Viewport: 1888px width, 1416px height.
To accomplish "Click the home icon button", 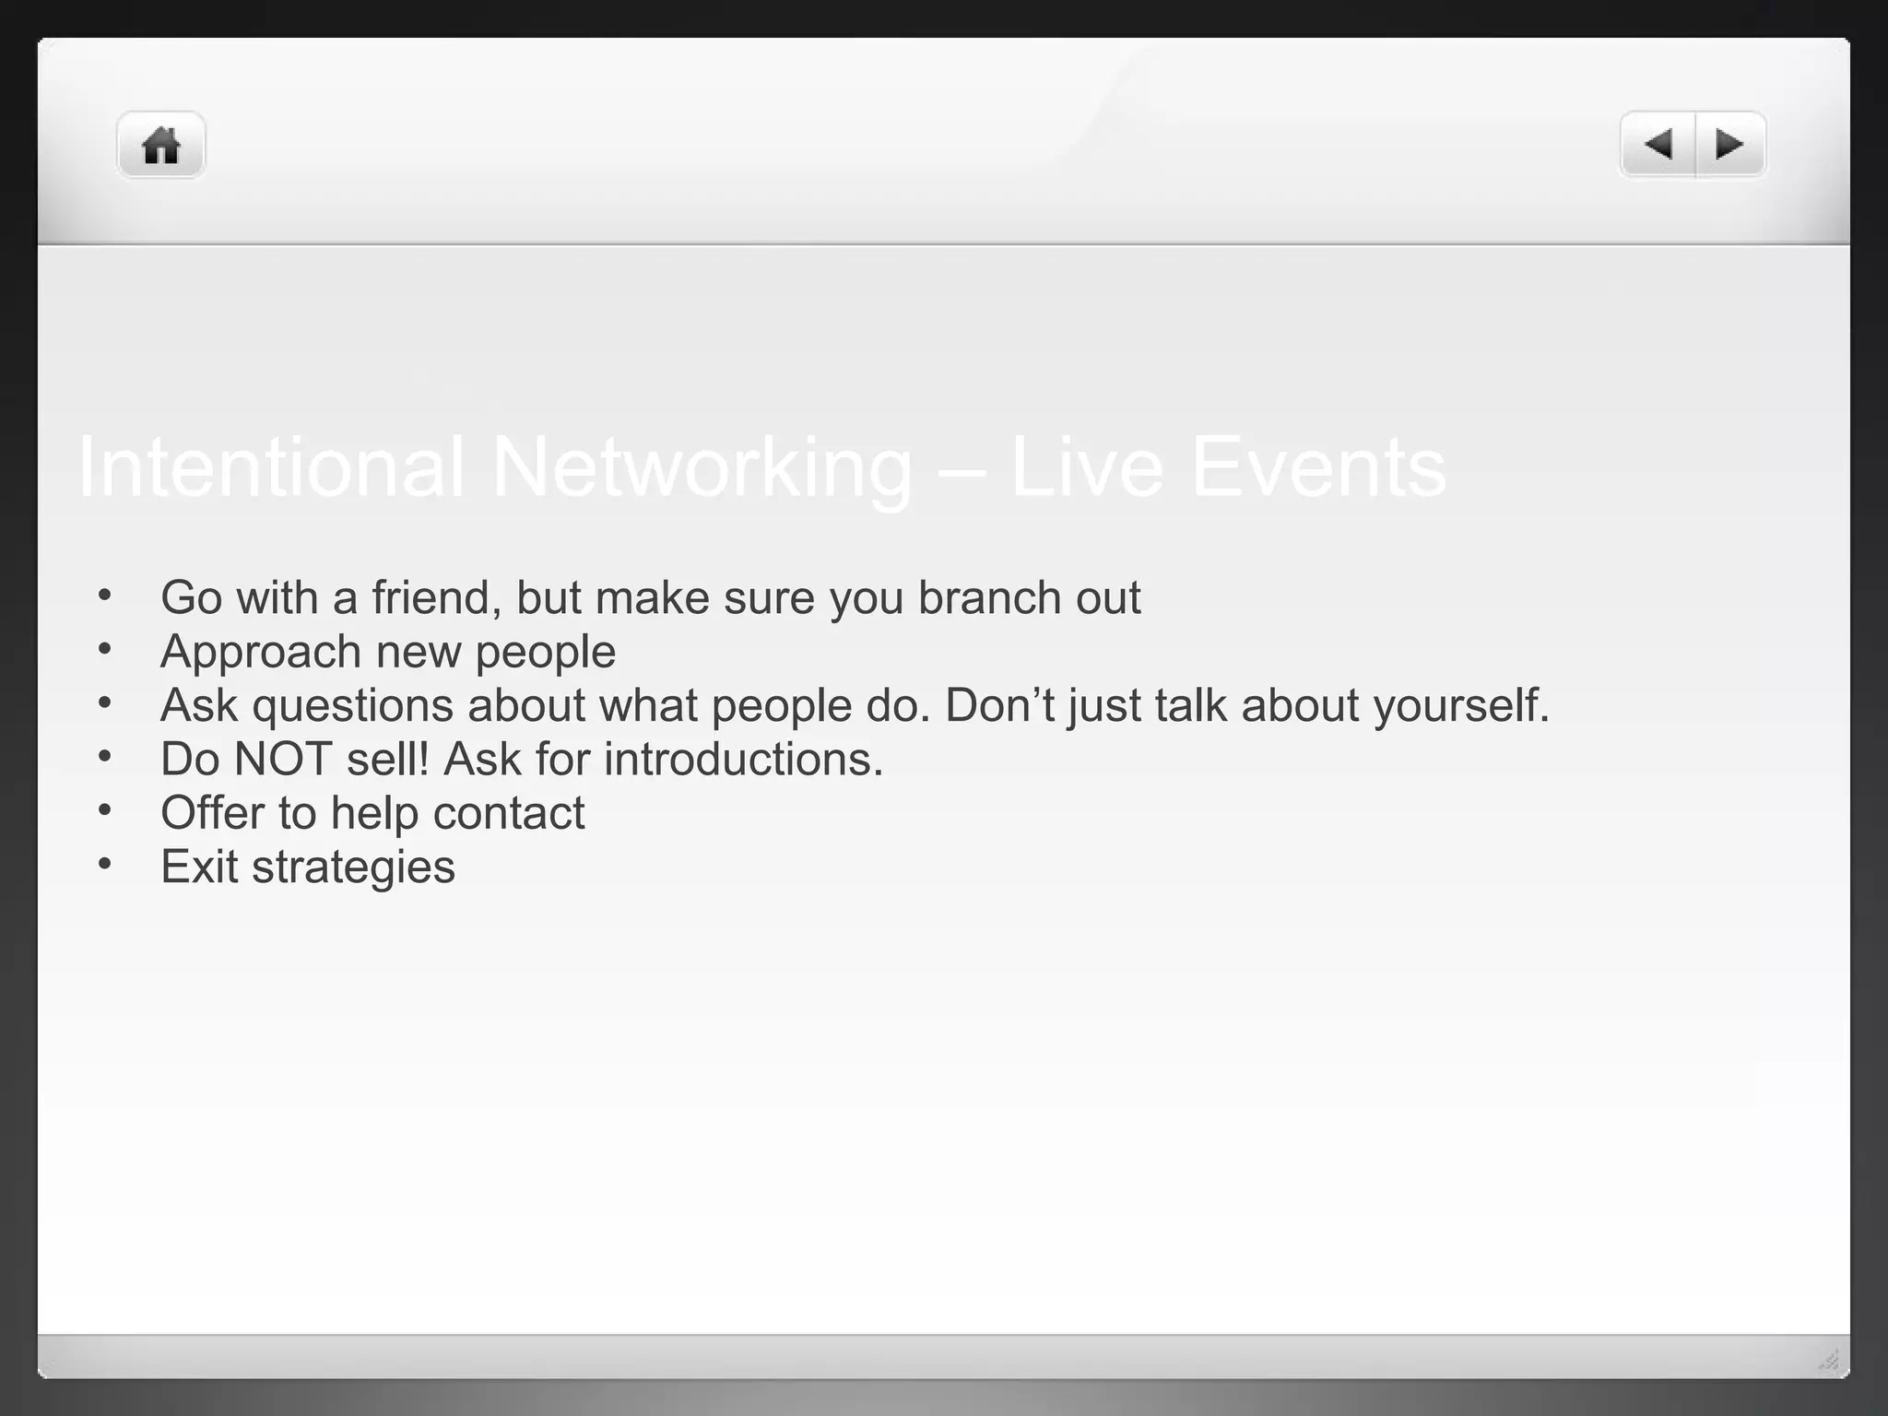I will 160,146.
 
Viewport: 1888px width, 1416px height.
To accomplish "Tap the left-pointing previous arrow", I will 1658,145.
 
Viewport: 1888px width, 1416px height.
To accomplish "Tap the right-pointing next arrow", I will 1729,145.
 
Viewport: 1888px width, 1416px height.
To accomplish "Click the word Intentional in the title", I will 270,467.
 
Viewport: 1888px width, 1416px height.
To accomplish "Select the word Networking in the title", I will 702,467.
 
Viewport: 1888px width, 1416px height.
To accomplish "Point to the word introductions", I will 743,760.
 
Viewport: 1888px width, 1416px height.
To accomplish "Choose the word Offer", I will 212,813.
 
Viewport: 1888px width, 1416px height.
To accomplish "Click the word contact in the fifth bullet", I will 508,813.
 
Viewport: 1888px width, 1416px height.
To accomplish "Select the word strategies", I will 353,867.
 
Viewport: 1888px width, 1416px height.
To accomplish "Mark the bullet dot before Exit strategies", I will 105,864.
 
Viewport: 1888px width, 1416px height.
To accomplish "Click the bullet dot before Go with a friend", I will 105,595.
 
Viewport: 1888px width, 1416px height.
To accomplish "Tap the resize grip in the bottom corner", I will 1829,1360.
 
